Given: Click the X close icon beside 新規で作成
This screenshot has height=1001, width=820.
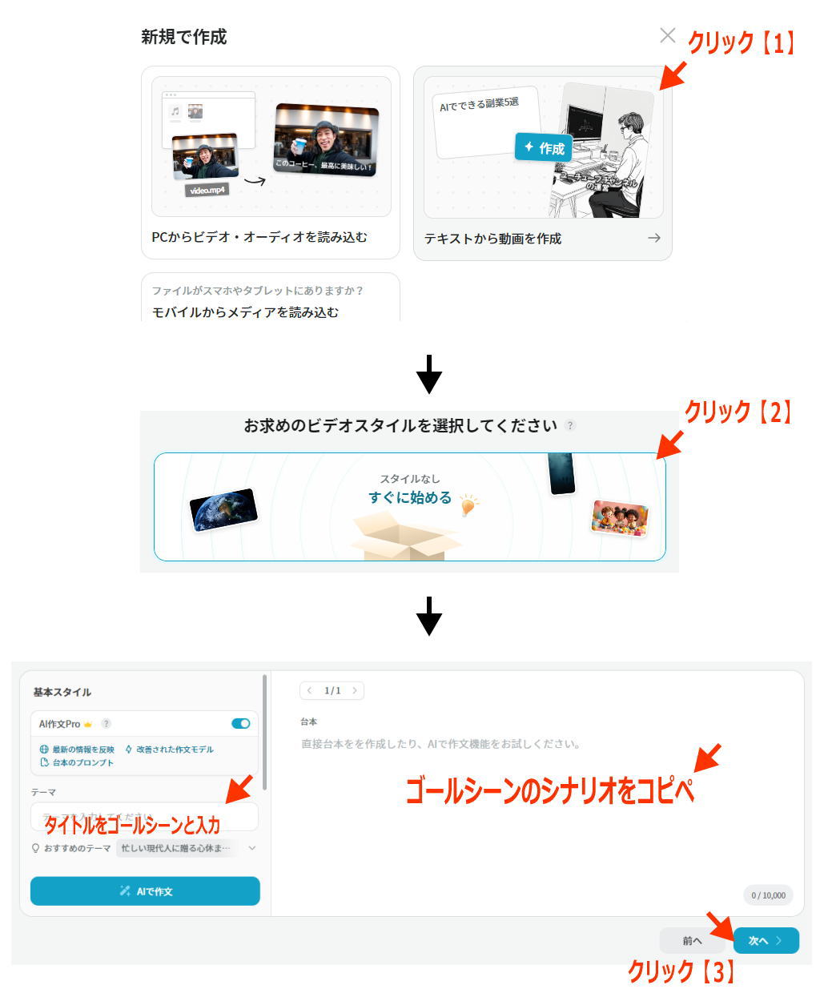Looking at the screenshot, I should pyautogui.click(x=667, y=35).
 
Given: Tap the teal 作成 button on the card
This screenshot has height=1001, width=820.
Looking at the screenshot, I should pyautogui.click(x=544, y=148).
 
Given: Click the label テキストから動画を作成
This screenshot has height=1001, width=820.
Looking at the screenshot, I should pyautogui.click(x=492, y=239).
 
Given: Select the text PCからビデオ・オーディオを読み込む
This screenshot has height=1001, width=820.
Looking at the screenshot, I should pyautogui.click(x=259, y=237).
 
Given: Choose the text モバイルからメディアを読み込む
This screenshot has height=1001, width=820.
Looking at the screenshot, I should pyautogui.click(x=245, y=312).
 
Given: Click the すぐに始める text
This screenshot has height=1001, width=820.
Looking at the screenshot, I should pyautogui.click(x=410, y=497).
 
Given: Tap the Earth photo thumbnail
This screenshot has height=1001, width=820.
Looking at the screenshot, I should pyautogui.click(x=223, y=509).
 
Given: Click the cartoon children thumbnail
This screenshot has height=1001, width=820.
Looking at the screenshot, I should pyautogui.click(x=619, y=517).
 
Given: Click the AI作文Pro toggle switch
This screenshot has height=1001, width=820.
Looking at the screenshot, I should pyautogui.click(x=240, y=723).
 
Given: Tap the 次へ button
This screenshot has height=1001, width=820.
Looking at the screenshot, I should pyautogui.click(x=766, y=941).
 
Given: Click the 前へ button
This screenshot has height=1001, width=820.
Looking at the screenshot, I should pyautogui.click(x=692, y=941).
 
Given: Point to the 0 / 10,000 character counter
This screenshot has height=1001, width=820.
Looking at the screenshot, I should pyautogui.click(x=768, y=895).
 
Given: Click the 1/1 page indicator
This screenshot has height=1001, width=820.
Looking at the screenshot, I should pyautogui.click(x=332, y=690).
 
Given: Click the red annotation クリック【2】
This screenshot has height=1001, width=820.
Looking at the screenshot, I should pyautogui.click(x=738, y=412).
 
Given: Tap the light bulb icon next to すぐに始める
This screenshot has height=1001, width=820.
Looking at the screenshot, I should pyautogui.click(x=468, y=504).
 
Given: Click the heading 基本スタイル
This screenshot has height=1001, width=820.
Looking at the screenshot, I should pyautogui.click(x=62, y=692).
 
